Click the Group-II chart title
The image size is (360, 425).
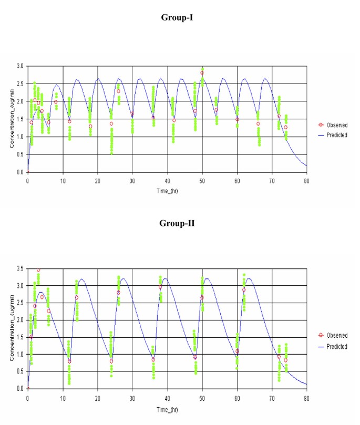(x=180, y=223)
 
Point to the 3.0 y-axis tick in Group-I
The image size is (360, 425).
(x=19, y=66)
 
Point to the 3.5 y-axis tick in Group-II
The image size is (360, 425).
(x=19, y=268)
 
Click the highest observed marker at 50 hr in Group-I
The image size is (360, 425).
(x=202, y=73)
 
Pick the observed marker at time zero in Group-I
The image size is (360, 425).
(x=28, y=172)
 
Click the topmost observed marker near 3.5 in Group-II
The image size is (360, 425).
(x=38, y=269)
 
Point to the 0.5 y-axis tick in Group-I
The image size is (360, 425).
(x=19, y=154)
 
